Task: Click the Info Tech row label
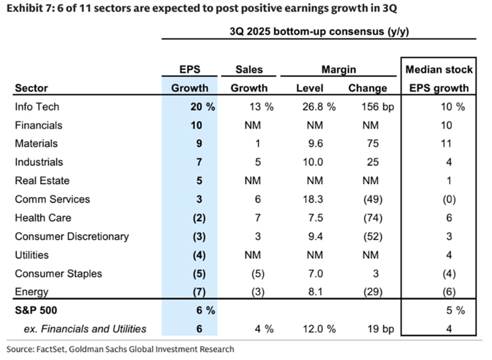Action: (x=37, y=106)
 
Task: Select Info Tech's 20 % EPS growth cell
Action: (x=202, y=106)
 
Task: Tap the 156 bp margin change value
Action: (x=377, y=106)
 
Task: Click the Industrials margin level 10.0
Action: (x=313, y=162)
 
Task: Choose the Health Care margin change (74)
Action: (x=372, y=218)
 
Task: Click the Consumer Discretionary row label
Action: (x=72, y=236)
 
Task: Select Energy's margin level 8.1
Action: (x=315, y=292)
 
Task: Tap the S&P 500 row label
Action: (x=36, y=310)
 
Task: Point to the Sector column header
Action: (x=31, y=88)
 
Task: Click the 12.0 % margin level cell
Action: (x=319, y=329)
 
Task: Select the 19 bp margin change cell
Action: (x=381, y=329)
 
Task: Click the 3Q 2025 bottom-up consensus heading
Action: (x=319, y=31)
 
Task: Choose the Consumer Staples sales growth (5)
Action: (x=258, y=274)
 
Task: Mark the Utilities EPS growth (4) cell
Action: (x=199, y=255)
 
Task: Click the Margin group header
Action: (x=339, y=70)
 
